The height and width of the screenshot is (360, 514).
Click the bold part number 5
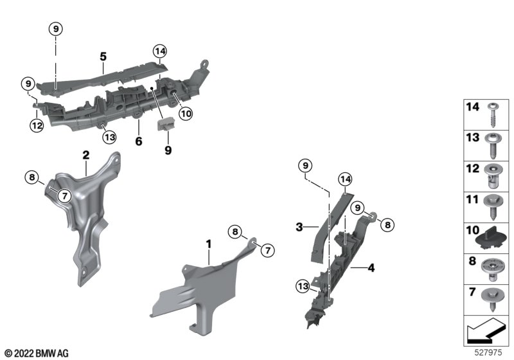103,57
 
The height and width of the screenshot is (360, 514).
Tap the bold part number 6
139,141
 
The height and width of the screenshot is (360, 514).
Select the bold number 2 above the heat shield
86,155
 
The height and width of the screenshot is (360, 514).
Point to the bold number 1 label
208,244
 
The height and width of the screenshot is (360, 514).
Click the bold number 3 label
299,227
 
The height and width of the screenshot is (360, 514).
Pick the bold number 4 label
371,268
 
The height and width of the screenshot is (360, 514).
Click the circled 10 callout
186,114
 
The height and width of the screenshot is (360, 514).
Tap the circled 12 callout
37,125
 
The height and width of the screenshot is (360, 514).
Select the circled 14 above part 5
159,51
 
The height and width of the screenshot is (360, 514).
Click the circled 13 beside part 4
303,286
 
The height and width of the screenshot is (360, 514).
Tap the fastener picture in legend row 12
491,177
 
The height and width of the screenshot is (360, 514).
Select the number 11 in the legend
472,199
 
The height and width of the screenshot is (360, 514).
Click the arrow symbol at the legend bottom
485,331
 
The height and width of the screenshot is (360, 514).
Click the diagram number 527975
488,352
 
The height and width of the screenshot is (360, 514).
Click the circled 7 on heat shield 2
65,196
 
